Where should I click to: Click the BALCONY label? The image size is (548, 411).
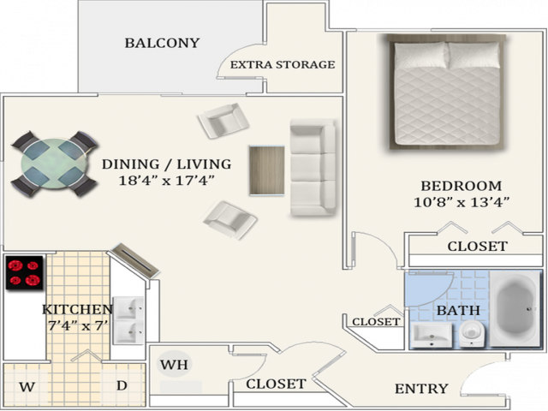(162, 43)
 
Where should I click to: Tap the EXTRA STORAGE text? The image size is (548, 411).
(283, 65)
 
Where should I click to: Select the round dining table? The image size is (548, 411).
(54, 164)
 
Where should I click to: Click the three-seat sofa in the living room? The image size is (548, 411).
(313, 167)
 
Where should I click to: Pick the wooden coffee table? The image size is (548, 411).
(266, 170)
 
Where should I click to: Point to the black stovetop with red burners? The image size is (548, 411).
(24, 272)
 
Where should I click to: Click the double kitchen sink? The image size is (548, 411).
(128, 320)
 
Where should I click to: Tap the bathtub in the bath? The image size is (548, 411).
(515, 309)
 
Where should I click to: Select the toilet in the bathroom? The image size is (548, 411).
(472, 334)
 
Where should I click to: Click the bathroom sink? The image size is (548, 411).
(432, 336)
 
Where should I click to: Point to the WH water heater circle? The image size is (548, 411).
(174, 364)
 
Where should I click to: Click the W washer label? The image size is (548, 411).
(27, 387)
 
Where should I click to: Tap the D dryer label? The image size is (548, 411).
(122, 386)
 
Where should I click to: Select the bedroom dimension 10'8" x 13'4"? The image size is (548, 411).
(462, 202)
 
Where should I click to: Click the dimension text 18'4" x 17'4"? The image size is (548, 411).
(166, 181)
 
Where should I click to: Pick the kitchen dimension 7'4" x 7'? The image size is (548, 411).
(77, 325)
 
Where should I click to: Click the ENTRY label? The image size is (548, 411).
(421, 389)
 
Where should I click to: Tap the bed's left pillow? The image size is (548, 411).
(420, 55)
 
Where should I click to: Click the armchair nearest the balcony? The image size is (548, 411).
(223, 121)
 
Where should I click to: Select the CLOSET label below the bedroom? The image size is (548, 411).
(478, 247)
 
